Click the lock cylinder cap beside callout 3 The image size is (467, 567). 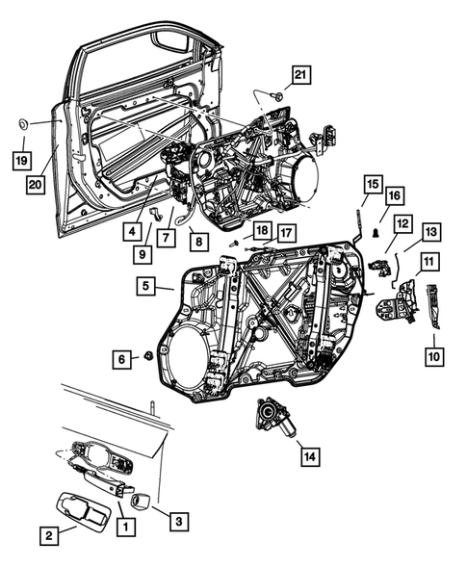tap(138, 500)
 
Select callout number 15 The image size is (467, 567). tap(373, 183)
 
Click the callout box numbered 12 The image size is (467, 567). tap(402, 224)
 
